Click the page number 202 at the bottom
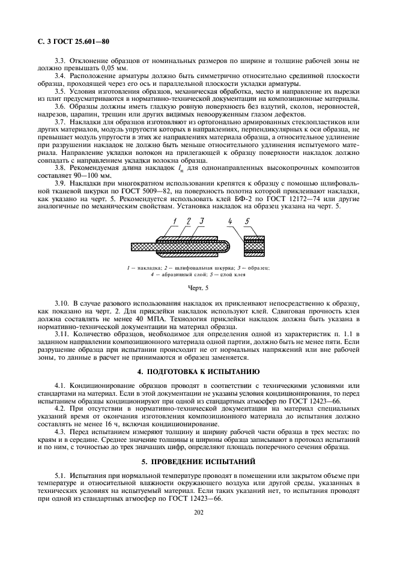click(198, 512)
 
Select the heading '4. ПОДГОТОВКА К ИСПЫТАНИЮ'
click(198, 355)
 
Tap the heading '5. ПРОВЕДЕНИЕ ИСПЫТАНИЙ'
click(198, 444)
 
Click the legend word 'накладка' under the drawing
click(154, 268)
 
